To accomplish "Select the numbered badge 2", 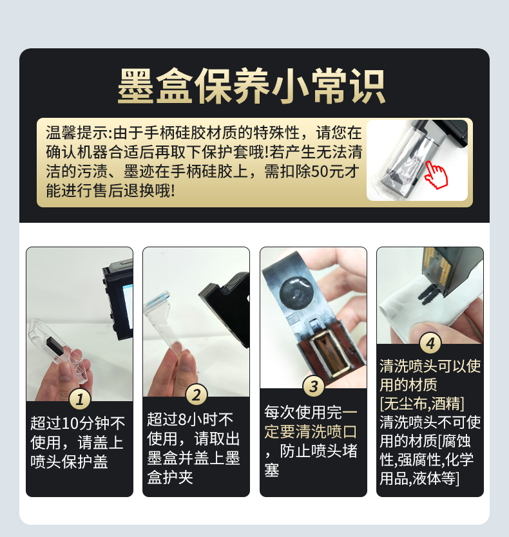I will pyautogui.click(x=197, y=394).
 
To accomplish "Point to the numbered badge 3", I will pyautogui.click(x=313, y=386).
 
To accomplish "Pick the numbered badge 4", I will pyautogui.click(x=430, y=342).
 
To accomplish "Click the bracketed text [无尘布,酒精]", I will pyautogui.click(x=422, y=404).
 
